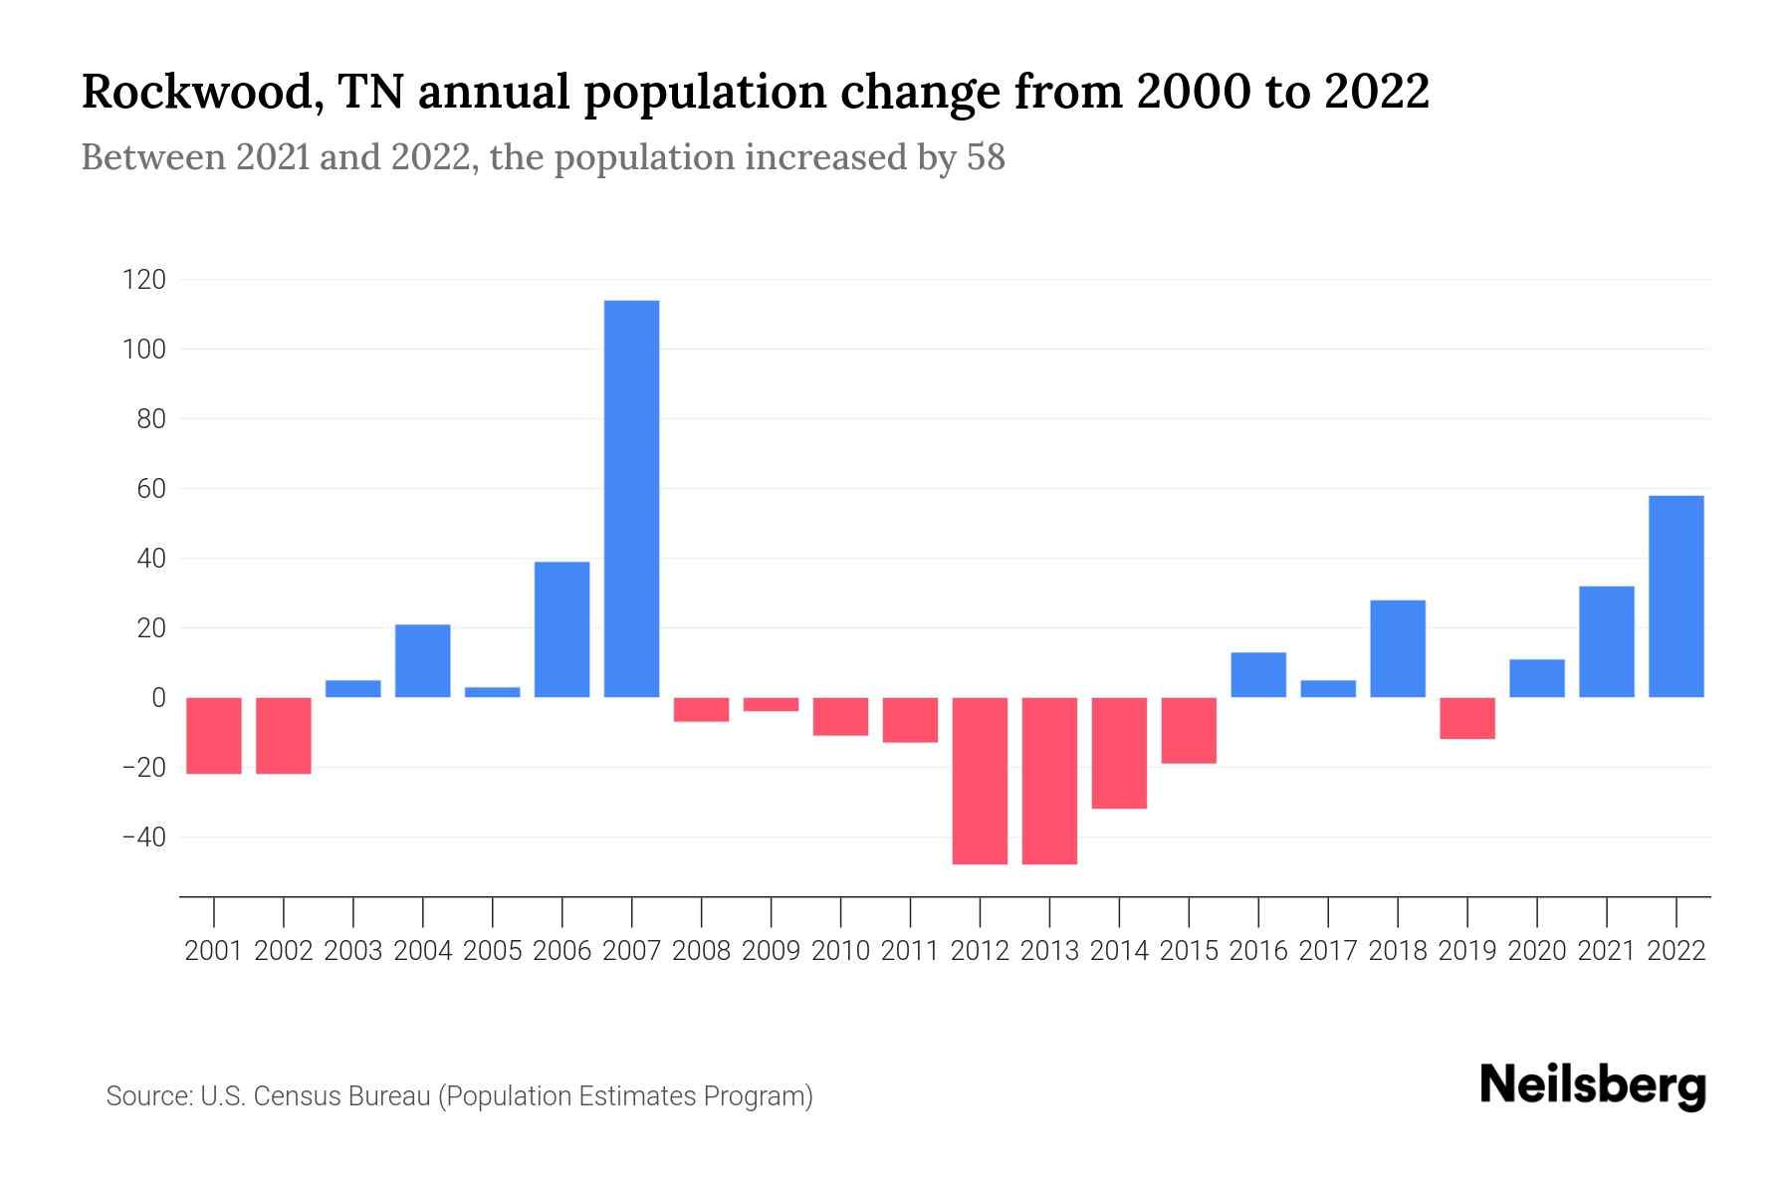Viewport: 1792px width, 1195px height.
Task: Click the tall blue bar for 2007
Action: (x=631, y=498)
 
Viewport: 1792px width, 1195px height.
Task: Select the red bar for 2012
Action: (x=980, y=780)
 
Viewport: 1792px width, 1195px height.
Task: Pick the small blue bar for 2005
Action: (x=492, y=692)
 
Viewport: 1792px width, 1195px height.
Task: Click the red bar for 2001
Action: (x=214, y=735)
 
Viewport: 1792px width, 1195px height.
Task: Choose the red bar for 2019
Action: (x=1466, y=718)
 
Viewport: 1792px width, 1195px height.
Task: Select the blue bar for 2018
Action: (x=1397, y=648)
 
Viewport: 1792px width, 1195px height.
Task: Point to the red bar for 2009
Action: (x=771, y=704)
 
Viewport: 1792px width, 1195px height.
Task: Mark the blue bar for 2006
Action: (x=561, y=629)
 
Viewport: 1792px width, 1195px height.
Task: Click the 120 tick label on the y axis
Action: (x=143, y=280)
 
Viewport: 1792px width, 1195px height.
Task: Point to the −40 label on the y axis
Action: (x=143, y=837)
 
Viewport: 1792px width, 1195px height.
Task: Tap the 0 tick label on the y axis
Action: (x=157, y=698)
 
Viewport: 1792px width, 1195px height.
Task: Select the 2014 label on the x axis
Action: (x=1119, y=951)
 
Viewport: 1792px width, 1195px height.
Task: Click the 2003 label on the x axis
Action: (x=353, y=951)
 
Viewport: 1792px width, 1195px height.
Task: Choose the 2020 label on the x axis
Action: (x=1536, y=951)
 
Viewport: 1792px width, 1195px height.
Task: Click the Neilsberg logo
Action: (x=1592, y=1085)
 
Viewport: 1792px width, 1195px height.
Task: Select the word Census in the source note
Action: (x=292, y=1096)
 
